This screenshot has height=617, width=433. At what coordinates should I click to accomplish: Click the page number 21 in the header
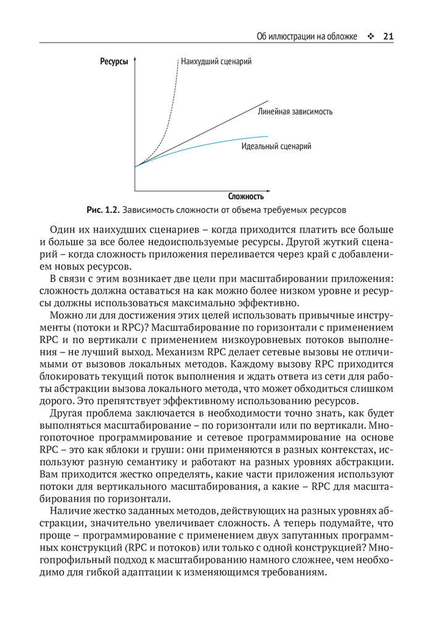pos(388,36)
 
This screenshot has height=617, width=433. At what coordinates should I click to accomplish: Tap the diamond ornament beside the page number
pos(370,36)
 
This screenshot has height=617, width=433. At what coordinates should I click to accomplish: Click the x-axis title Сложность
pos(245,197)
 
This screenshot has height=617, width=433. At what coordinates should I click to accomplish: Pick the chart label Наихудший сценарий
pos(216,62)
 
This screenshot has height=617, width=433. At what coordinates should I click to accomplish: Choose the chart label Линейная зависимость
pos(295,112)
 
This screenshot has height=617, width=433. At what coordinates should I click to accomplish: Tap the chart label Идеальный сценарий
pos(276,147)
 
